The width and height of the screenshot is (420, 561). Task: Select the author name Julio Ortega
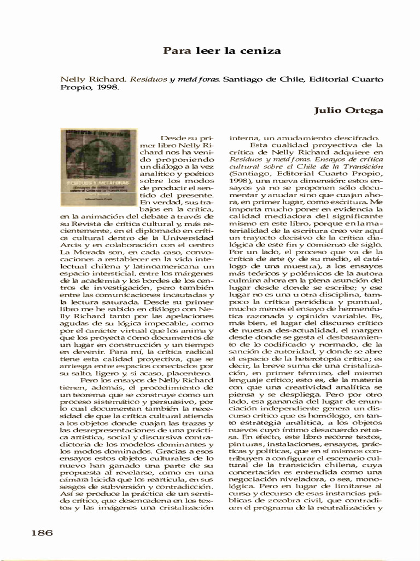(348, 111)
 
